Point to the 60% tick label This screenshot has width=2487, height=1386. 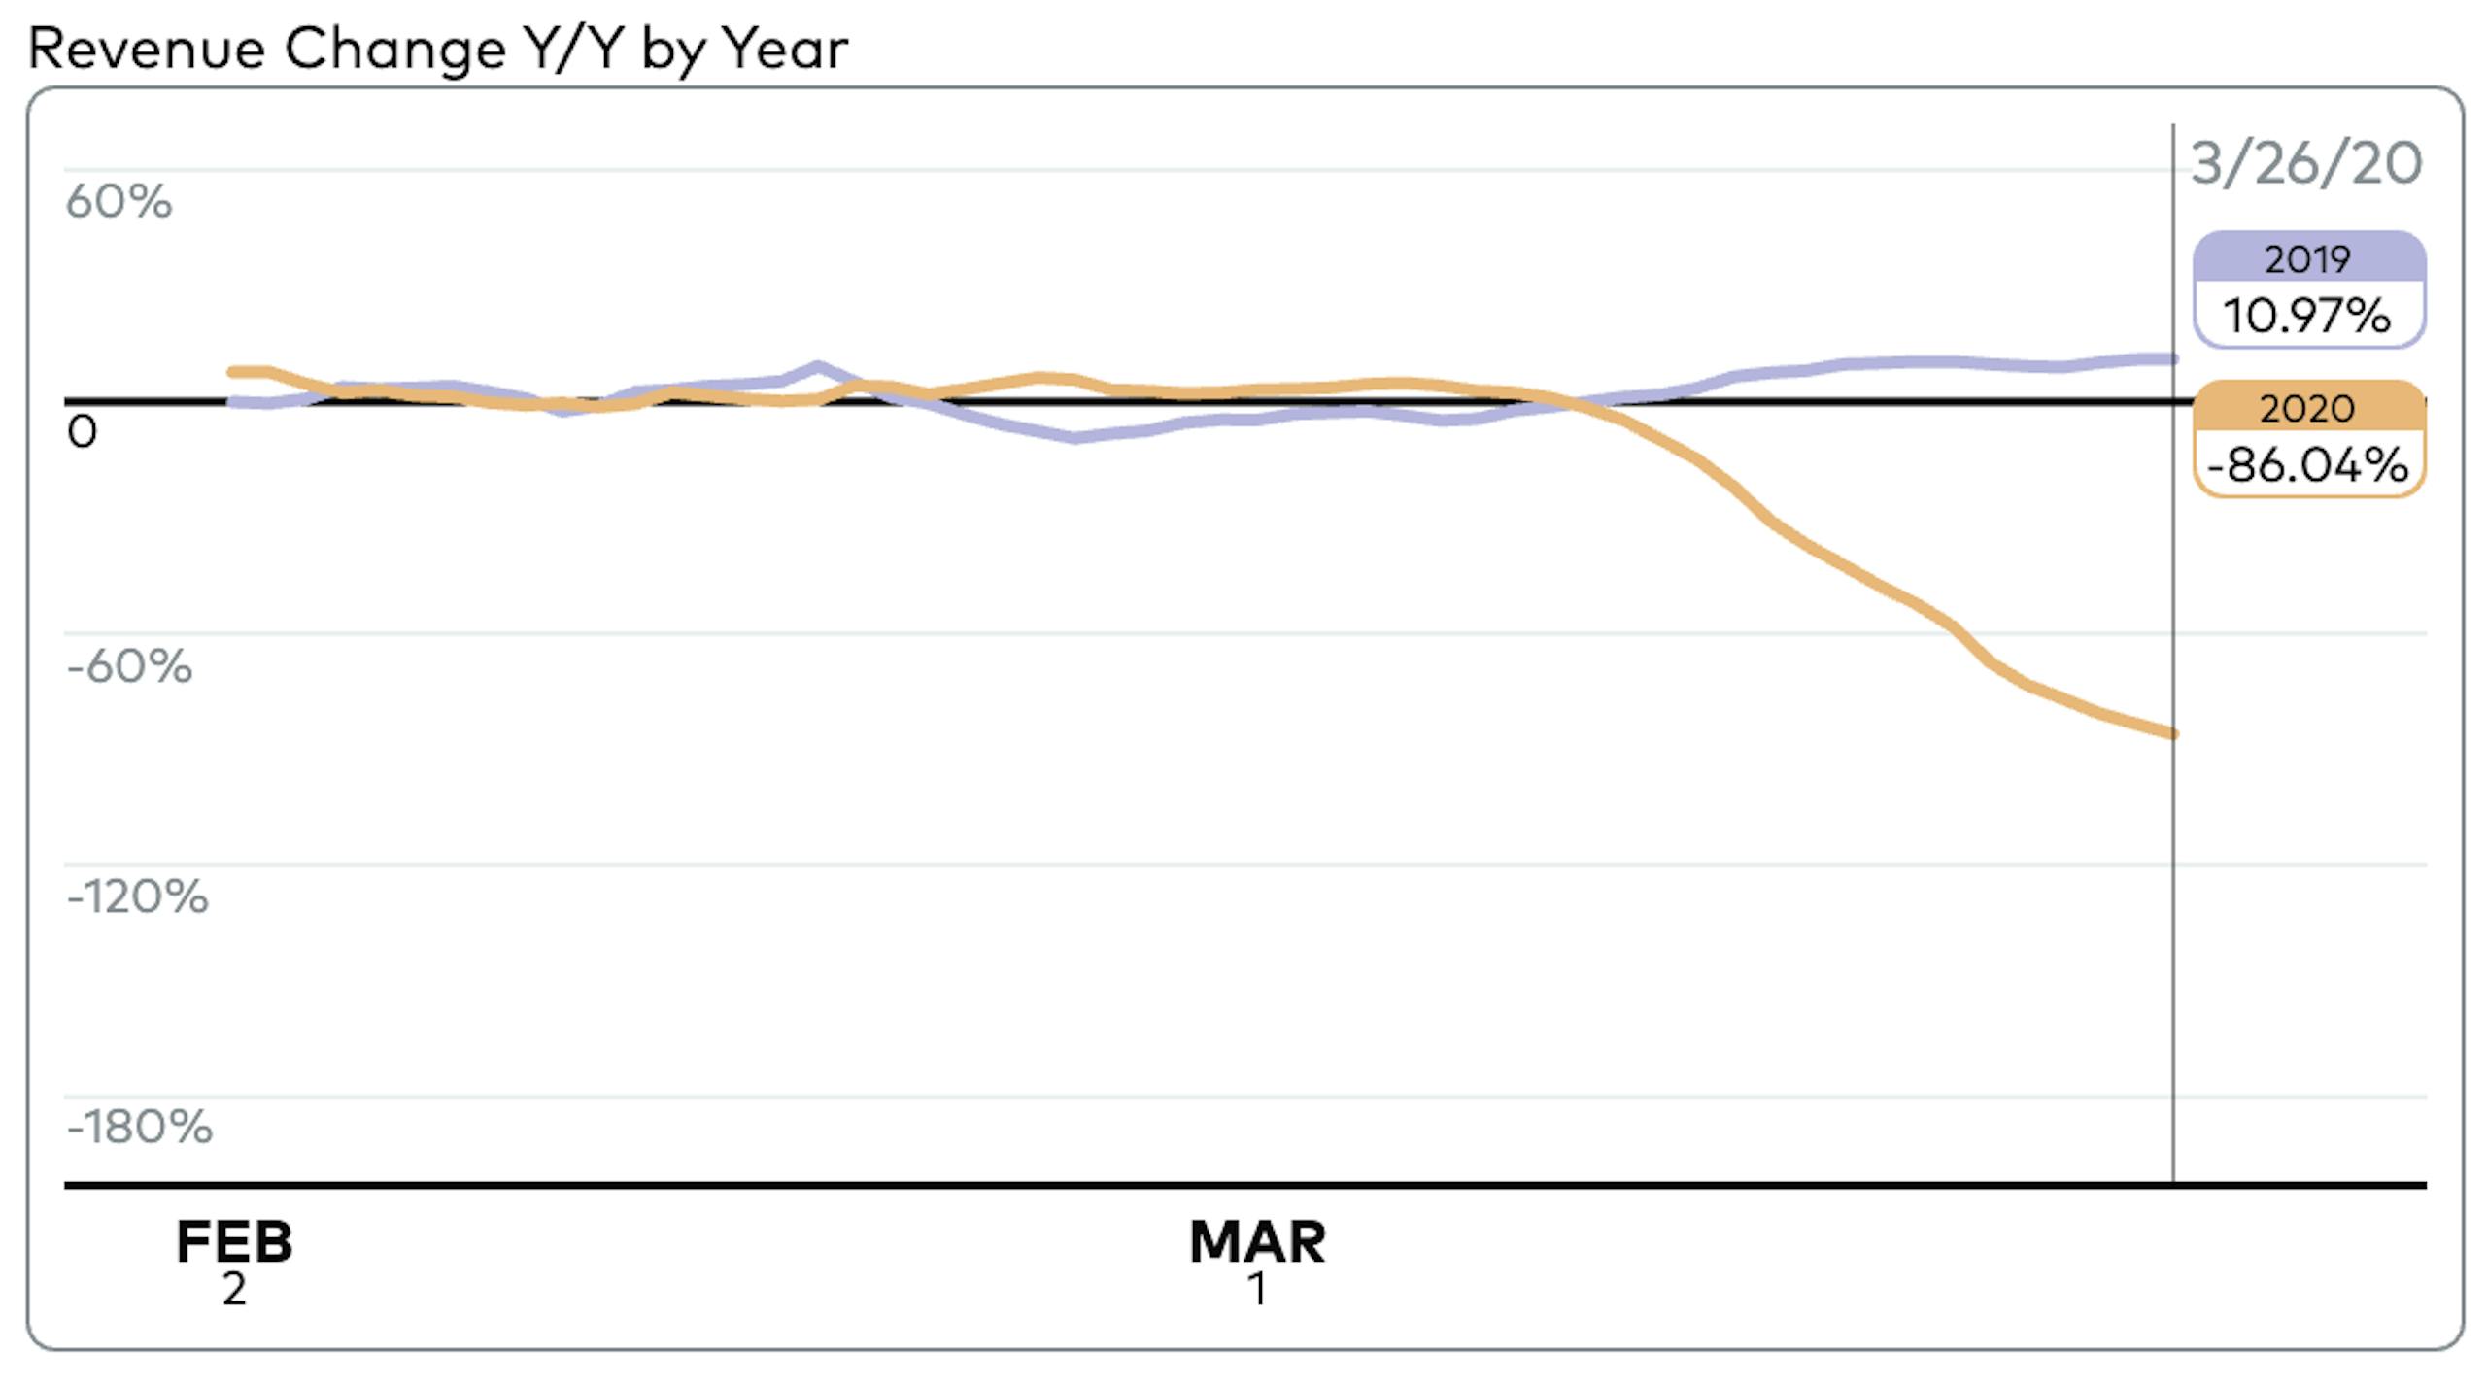119,202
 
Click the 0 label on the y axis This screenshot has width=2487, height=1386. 83,432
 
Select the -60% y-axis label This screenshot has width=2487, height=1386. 129,666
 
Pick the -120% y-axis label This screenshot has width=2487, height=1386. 137,896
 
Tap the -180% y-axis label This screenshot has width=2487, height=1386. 139,1128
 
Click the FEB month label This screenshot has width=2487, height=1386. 234,1241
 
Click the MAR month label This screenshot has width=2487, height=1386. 1257,1241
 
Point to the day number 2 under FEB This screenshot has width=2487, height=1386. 234,1290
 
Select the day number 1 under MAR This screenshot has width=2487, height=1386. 1257,1290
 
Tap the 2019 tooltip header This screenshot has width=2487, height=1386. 2307,259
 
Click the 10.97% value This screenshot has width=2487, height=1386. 2307,316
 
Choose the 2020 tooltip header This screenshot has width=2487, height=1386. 2307,408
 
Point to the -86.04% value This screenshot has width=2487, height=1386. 2307,465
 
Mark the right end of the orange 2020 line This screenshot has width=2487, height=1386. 2172,733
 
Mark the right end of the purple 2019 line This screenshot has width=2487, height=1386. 2172,359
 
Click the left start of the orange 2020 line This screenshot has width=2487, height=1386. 232,372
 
